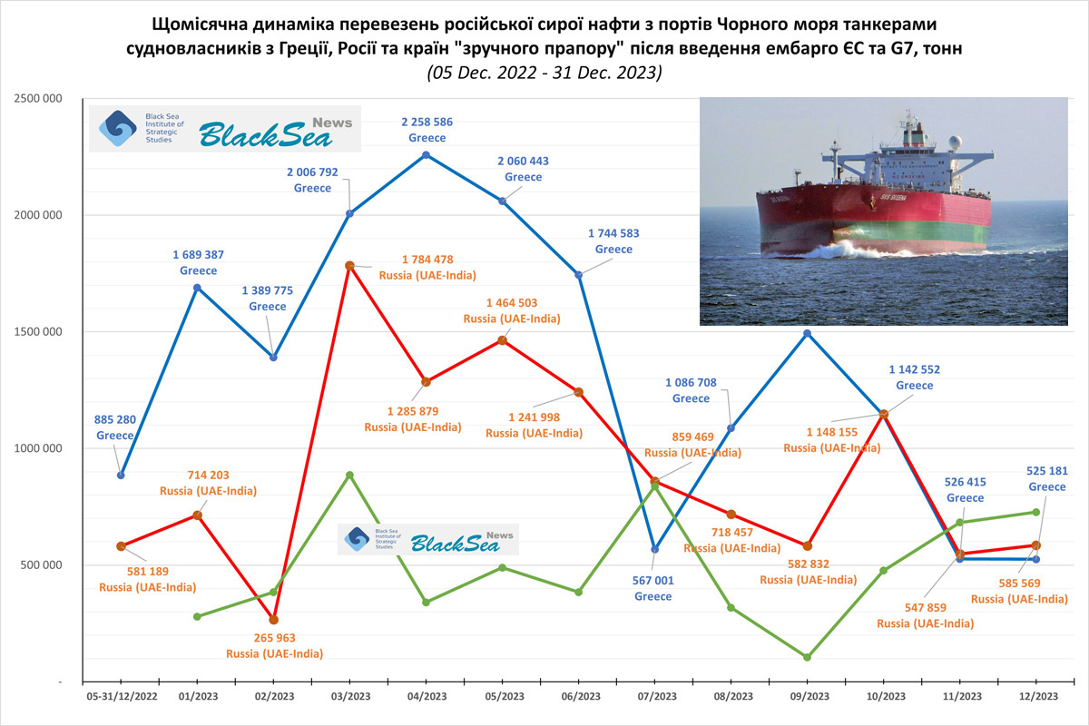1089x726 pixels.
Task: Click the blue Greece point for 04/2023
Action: click(427, 155)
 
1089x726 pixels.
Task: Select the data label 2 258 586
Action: click(427, 122)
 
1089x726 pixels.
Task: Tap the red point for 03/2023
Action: click(349, 266)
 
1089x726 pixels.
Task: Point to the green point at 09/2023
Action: click(807, 657)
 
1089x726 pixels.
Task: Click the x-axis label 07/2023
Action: click(656, 696)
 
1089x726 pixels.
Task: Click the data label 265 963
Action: click(274, 638)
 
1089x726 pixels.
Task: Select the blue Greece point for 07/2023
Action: click(654, 549)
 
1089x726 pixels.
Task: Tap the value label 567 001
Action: click(653, 581)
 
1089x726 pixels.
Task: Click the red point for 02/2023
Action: click(273, 620)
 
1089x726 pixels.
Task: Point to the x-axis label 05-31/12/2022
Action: click(121, 696)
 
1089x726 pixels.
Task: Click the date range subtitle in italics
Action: click(544, 73)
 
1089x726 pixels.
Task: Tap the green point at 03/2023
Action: click(349, 475)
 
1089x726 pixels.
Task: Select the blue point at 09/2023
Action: click(807, 333)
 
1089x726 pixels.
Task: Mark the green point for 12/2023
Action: click(1035, 512)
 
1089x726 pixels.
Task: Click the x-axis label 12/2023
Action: click(1035, 696)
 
